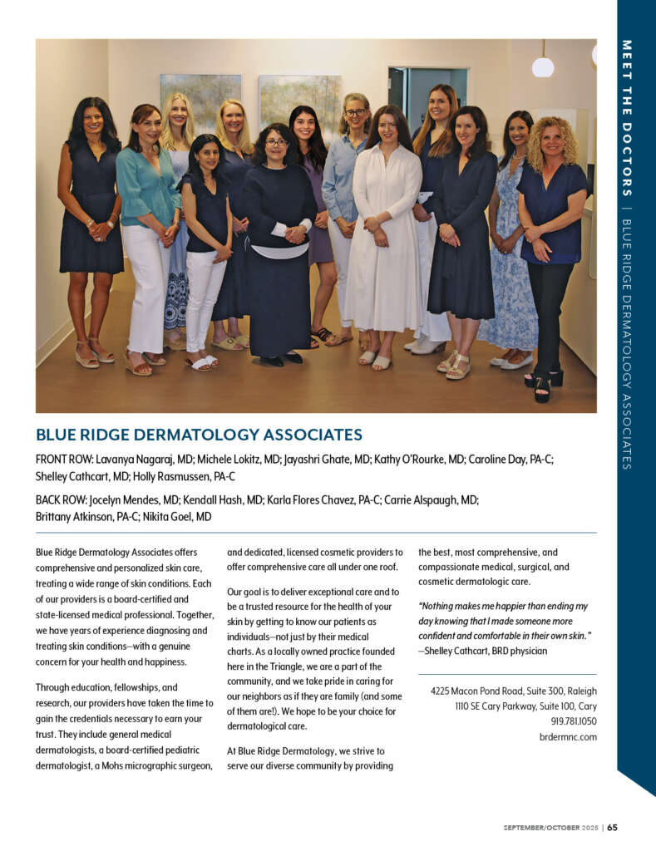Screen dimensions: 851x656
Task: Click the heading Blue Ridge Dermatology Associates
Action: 199,435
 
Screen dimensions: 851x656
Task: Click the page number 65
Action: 612,827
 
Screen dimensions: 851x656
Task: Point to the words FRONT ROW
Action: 63,459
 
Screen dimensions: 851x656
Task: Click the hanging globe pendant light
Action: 543,66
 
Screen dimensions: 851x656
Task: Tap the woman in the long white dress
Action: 386,233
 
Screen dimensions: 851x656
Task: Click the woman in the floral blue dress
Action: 510,249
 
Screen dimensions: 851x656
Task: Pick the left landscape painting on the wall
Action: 200,101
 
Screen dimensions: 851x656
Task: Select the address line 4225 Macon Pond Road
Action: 513,691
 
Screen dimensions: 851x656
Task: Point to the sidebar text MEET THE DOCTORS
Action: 626,116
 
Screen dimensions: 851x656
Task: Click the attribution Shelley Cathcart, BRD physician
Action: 483,651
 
